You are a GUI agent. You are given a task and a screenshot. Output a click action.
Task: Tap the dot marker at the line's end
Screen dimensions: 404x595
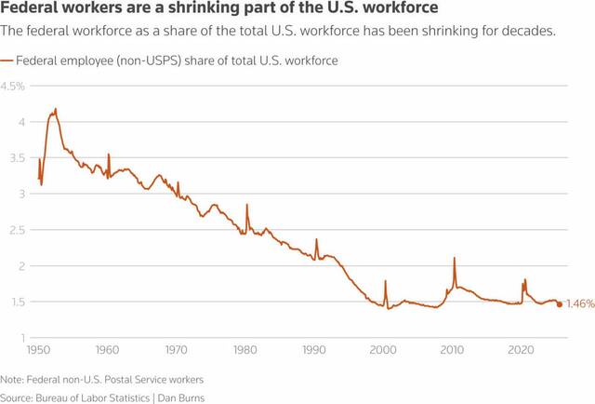tap(559, 304)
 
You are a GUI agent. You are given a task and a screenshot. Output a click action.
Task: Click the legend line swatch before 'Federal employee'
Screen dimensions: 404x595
tap(7, 61)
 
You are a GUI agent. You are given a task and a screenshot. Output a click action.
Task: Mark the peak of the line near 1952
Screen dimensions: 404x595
tap(56, 109)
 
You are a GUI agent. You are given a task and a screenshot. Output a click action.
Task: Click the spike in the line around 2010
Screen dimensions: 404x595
tap(455, 258)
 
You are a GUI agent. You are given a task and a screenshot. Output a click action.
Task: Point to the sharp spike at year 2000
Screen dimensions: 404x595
tap(385, 280)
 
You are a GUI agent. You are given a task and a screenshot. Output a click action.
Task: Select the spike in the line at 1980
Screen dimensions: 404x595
tap(247, 204)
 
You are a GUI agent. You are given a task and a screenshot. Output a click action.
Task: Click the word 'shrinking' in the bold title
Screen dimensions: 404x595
tap(194, 10)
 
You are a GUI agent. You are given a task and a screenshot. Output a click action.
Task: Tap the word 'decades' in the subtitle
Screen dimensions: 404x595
tap(527, 32)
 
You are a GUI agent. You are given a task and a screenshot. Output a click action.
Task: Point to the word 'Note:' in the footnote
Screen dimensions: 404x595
tap(13, 380)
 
